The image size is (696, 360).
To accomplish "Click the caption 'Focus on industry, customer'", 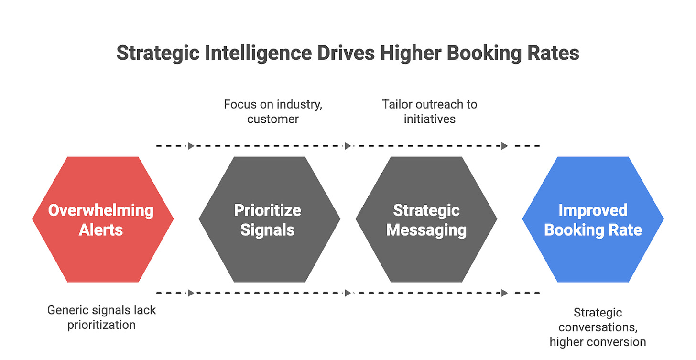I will point(273,111).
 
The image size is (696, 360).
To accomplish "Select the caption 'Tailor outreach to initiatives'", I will point(430,111).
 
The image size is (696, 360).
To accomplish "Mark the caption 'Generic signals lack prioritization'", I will point(101,317).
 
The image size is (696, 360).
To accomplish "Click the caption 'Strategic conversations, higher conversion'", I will point(598,327).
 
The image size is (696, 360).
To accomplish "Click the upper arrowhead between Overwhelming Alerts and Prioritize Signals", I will point(191,146).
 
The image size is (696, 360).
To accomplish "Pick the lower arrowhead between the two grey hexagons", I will point(348,293).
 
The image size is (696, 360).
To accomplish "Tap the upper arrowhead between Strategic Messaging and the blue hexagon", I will point(505,146).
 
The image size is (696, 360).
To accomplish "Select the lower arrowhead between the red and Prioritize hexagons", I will point(191,293).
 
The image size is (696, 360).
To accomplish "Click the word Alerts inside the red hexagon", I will point(101,230).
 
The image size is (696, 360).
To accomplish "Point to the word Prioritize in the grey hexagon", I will point(268,210).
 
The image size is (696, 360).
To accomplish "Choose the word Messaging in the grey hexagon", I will point(426,230).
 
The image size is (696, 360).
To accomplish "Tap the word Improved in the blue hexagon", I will point(593,210).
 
